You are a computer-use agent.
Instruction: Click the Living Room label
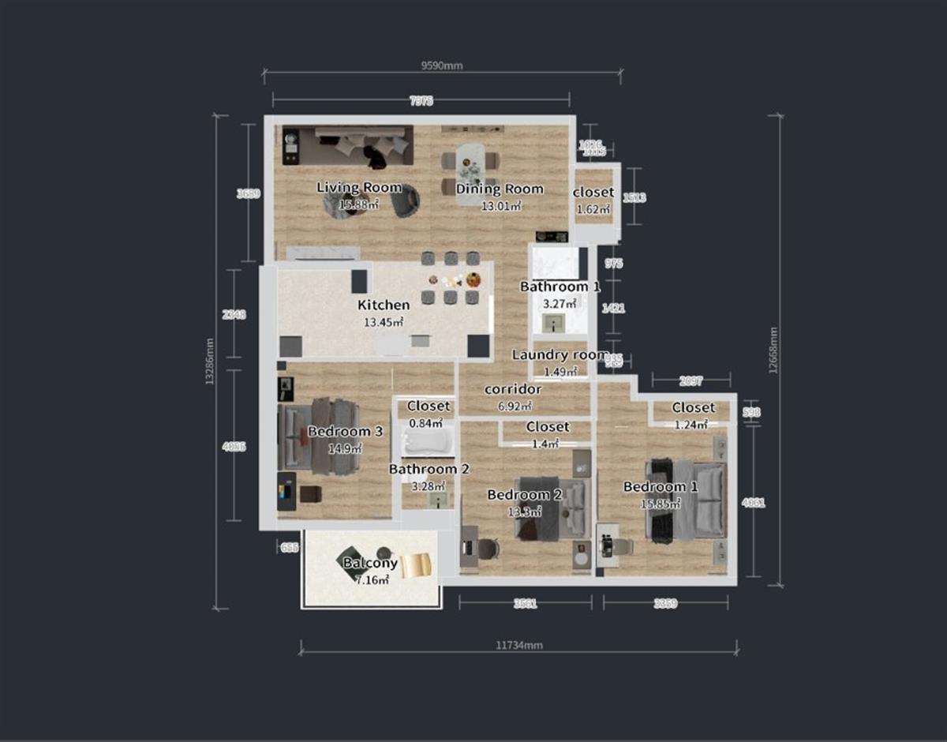click(x=359, y=188)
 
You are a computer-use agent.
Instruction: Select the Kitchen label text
click(x=384, y=305)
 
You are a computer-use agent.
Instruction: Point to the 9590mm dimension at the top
click(x=442, y=66)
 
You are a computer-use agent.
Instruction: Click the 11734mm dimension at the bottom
click(x=519, y=645)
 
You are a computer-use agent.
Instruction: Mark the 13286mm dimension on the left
click(x=209, y=362)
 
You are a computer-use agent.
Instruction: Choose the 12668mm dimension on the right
click(x=773, y=350)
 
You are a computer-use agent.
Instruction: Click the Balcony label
click(x=370, y=564)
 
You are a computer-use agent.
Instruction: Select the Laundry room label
click(x=560, y=355)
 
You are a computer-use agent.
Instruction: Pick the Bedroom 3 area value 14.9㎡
click(x=345, y=448)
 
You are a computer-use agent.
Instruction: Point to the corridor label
click(x=513, y=390)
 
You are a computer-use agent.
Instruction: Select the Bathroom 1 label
click(x=560, y=287)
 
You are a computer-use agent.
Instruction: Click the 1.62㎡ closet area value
click(x=593, y=210)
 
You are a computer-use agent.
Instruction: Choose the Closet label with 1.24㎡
click(x=694, y=408)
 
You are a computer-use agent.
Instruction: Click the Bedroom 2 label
click(x=524, y=495)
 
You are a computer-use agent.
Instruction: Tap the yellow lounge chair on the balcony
click(x=416, y=565)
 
